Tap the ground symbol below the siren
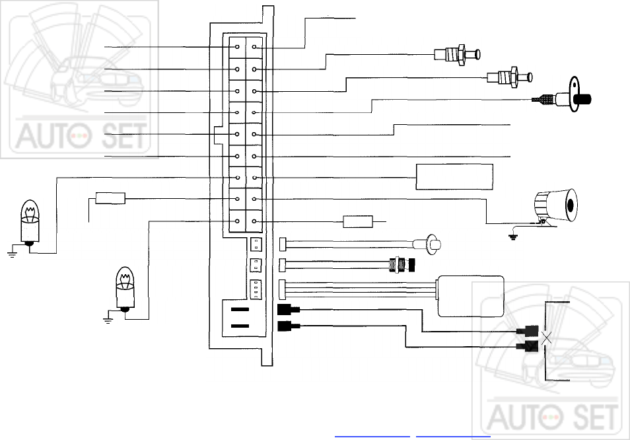tap(512, 237)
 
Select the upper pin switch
tap(457, 55)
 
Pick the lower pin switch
tap(509, 77)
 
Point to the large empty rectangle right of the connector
tap(454, 176)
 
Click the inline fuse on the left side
tap(110, 198)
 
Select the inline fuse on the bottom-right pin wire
tap(358, 221)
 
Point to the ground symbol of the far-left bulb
tap(12, 254)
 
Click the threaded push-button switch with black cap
tap(402, 265)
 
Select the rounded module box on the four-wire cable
tap(470, 297)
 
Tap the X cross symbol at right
tap(546, 339)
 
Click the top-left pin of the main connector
tap(237, 47)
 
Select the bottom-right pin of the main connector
tap(254, 221)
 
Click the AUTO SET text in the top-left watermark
tap(80, 136)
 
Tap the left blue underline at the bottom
tap(372, 436)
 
